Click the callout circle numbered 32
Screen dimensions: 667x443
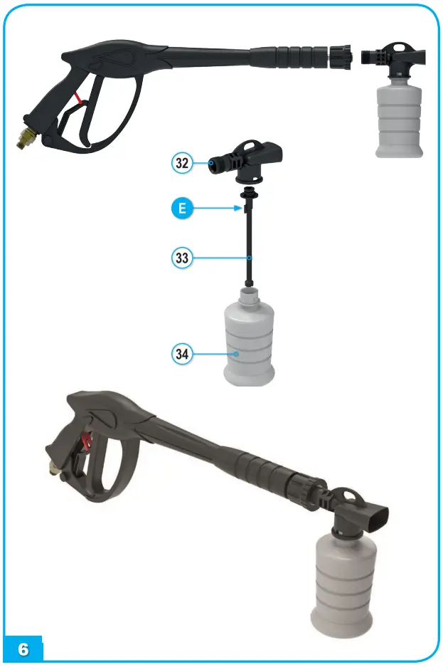pos(183,162)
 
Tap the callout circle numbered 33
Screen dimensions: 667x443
pos(183,257)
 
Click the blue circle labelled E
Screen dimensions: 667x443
pos(183,209)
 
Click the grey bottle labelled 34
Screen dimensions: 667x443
pos(248,345)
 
